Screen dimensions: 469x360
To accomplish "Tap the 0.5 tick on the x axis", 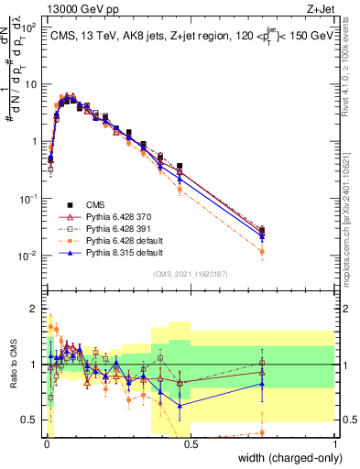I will coord(191,444).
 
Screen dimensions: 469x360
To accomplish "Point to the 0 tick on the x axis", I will coord(46,444).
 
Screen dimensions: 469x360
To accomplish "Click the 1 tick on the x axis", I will coord(334,444).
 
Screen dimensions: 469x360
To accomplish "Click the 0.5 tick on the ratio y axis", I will coord(32,420).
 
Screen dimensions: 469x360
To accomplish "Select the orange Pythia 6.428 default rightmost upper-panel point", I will coord(263,251).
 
